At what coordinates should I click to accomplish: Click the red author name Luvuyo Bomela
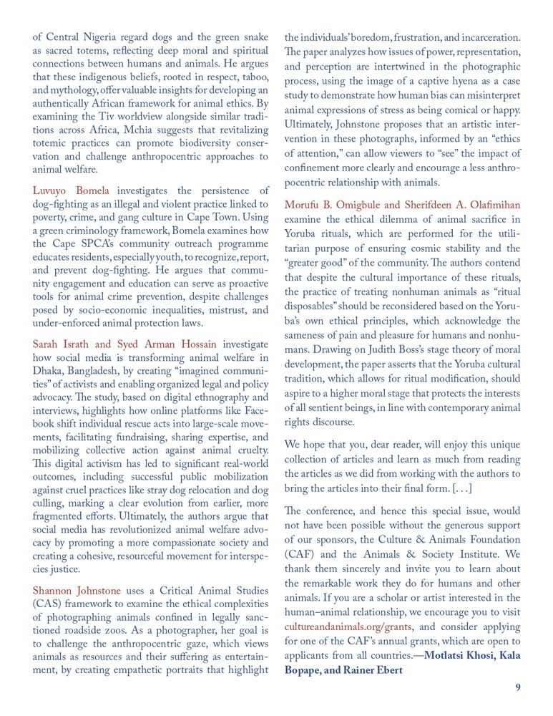tap(71, 191)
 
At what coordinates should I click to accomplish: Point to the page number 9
tap(518, 687)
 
